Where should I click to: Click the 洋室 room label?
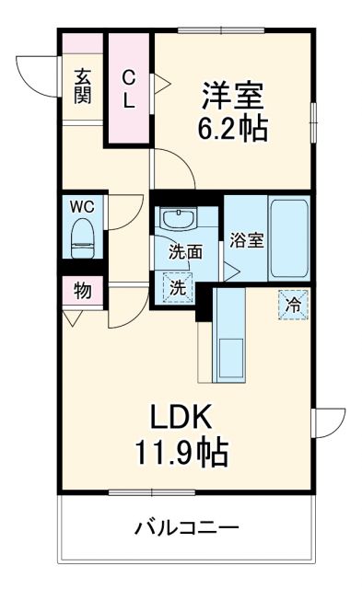coord(233,95)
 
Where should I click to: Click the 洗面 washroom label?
coord(184,250)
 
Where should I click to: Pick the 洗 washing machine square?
coord(177,286)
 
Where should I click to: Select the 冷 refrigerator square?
coord(293,304)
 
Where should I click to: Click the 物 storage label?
coord(82,291)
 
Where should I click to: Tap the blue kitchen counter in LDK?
coord(228,336)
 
